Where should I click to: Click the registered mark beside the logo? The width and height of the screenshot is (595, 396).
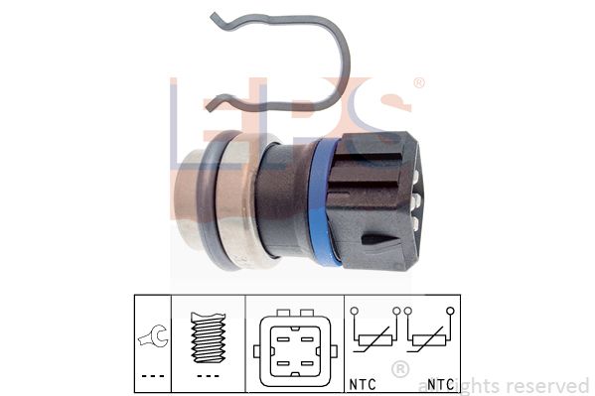(x=418, y=83)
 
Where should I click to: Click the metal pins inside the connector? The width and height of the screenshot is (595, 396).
(x=416, y=199)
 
